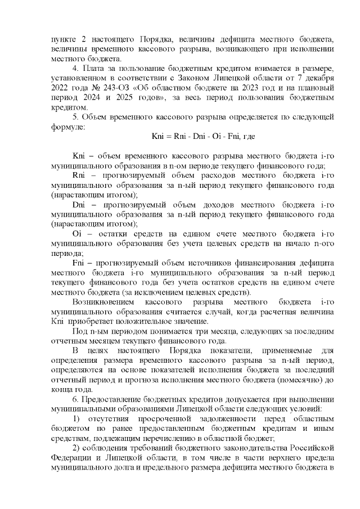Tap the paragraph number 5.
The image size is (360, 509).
point(76,116)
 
